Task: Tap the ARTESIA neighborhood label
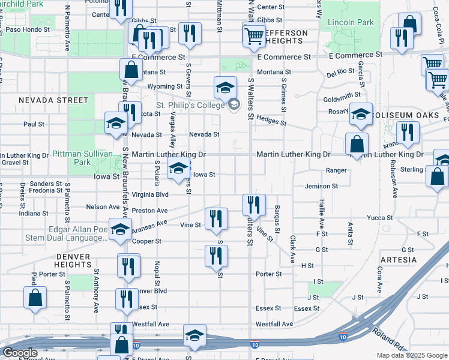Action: [398, 260]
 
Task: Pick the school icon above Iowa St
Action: [178, 170]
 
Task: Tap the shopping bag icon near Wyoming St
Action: [131, 71]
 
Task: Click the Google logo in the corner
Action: [19, 353]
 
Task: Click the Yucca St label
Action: [380, 218]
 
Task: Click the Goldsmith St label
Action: [342, 94]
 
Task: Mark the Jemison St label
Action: [321, 187]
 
